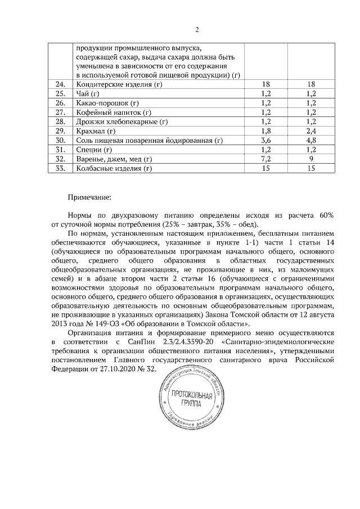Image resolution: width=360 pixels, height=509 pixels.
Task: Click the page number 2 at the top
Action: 197,30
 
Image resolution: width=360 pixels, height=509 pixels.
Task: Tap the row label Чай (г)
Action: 87,94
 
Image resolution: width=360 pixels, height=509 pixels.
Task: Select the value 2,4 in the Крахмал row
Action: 312,131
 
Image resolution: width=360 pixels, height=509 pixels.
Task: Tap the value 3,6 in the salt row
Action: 267,140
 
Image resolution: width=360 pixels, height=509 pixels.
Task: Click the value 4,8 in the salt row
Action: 312,140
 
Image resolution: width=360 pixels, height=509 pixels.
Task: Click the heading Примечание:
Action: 89,197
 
